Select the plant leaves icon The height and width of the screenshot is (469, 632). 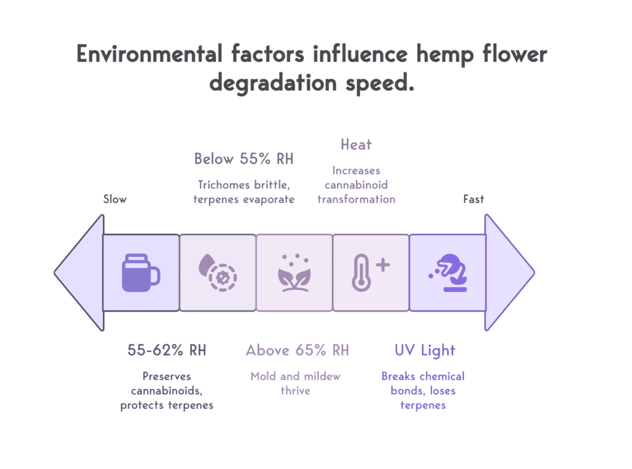pos(294,272)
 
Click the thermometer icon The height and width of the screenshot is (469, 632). pos(370,272)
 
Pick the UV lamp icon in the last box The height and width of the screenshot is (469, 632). pos(447,272)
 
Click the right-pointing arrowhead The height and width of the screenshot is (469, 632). pos(509,272)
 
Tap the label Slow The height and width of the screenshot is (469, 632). pos(115,199)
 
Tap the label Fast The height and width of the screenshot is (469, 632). pos(474,199)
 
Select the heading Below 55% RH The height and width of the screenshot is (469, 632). pos(244,159)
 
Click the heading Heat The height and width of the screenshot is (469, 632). pos(356,145)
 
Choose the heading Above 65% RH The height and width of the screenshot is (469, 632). pos(297,351)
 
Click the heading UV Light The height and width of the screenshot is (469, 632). pos(425,351)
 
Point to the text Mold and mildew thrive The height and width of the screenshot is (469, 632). pos(296,383)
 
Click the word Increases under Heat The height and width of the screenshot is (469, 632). pos(356,170)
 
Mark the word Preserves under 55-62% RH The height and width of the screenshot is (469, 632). pos(167,376)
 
